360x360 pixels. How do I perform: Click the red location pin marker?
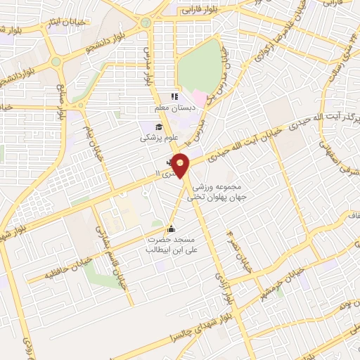(x=181, y=165)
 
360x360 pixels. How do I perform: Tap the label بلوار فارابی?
(x=200, y=9)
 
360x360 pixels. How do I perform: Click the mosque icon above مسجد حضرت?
(x=171, y=228)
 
